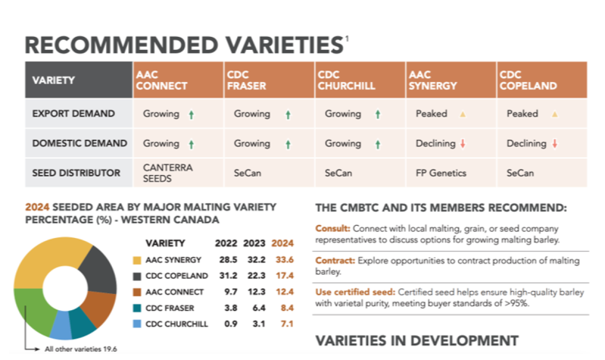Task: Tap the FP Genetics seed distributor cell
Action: coord(441,173)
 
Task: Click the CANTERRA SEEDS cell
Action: coord(167,173)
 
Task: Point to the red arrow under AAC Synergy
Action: coord(463,143)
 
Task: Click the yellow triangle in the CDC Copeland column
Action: coord(555,114)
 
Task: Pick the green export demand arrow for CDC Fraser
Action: coord(288,114)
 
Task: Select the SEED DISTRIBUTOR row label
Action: coord(76,173)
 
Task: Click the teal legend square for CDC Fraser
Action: coord(137,308)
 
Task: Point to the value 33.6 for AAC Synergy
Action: coord(284,260)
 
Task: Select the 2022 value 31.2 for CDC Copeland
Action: coord(228,275)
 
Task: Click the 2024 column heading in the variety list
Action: coord(282,243)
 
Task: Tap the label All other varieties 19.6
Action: coord(81,349)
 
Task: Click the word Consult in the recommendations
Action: coord(333,228)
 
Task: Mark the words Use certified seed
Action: coord(355,292)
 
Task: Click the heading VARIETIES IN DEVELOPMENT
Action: coord(417,340)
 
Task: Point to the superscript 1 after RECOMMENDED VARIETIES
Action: coord(347,39)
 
